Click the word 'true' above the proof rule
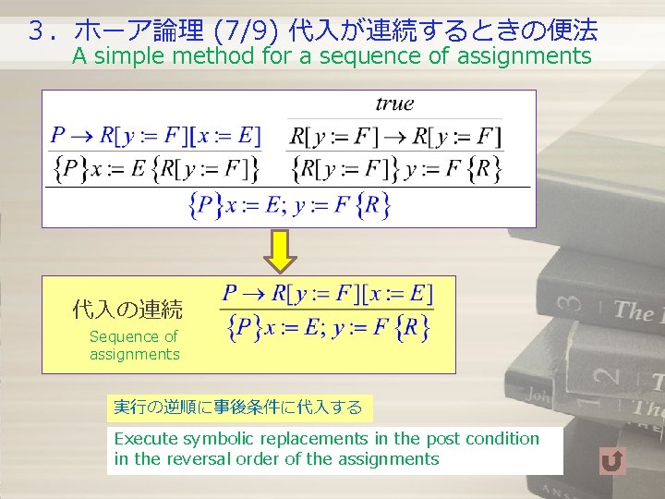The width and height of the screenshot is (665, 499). pos(394,103)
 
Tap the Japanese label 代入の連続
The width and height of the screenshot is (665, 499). pos(127,310)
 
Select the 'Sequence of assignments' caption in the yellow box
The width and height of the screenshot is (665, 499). pos(134,346)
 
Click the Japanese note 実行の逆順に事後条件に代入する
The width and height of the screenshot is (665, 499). pos(237,407)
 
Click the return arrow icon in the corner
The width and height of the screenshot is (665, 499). pos(612,459)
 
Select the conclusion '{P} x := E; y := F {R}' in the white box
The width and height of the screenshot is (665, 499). pos(290,205)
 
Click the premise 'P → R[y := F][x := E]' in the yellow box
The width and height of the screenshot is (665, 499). pos(327,295)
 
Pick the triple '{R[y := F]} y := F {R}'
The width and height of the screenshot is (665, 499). pos(395,169)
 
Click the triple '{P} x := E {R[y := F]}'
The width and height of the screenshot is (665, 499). pos(154,169)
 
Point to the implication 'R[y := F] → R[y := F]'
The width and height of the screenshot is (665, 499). pos(395,137)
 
